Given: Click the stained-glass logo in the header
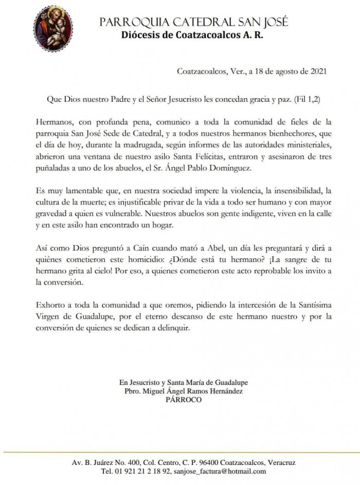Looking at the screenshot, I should [52, 26].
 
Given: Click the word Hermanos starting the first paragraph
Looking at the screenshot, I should [55, 123].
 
